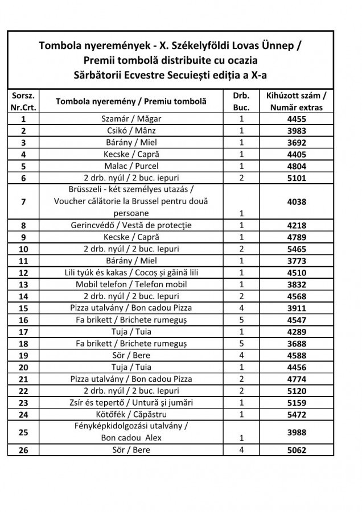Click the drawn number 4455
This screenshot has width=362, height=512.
point(297,119)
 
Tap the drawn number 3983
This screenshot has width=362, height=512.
point(297,131)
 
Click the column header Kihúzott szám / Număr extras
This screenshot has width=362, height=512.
point(297,101)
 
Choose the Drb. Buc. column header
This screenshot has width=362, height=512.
point(241,101)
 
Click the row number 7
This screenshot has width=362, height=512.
point(23,201)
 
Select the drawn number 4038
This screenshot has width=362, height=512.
point(297,201)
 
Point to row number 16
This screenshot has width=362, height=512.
point(23,320)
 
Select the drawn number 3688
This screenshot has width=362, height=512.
point(297,344)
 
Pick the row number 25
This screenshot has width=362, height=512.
point(23,432)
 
